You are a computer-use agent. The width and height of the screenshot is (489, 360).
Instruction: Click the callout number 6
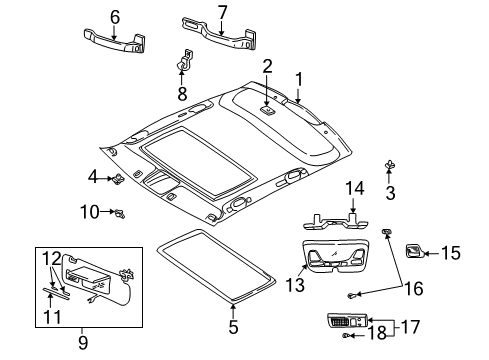coord(115,16)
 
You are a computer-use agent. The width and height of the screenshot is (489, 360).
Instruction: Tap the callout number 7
coord(222,12)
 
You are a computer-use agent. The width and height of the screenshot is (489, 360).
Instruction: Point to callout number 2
coord(266,67)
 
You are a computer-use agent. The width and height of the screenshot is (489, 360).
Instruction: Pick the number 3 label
coord(389,192)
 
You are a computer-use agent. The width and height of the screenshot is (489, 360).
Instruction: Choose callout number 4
coord(93,178)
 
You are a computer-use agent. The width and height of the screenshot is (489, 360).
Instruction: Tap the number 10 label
coord(91,212)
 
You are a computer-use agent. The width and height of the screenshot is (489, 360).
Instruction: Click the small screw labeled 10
coord(119,212)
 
